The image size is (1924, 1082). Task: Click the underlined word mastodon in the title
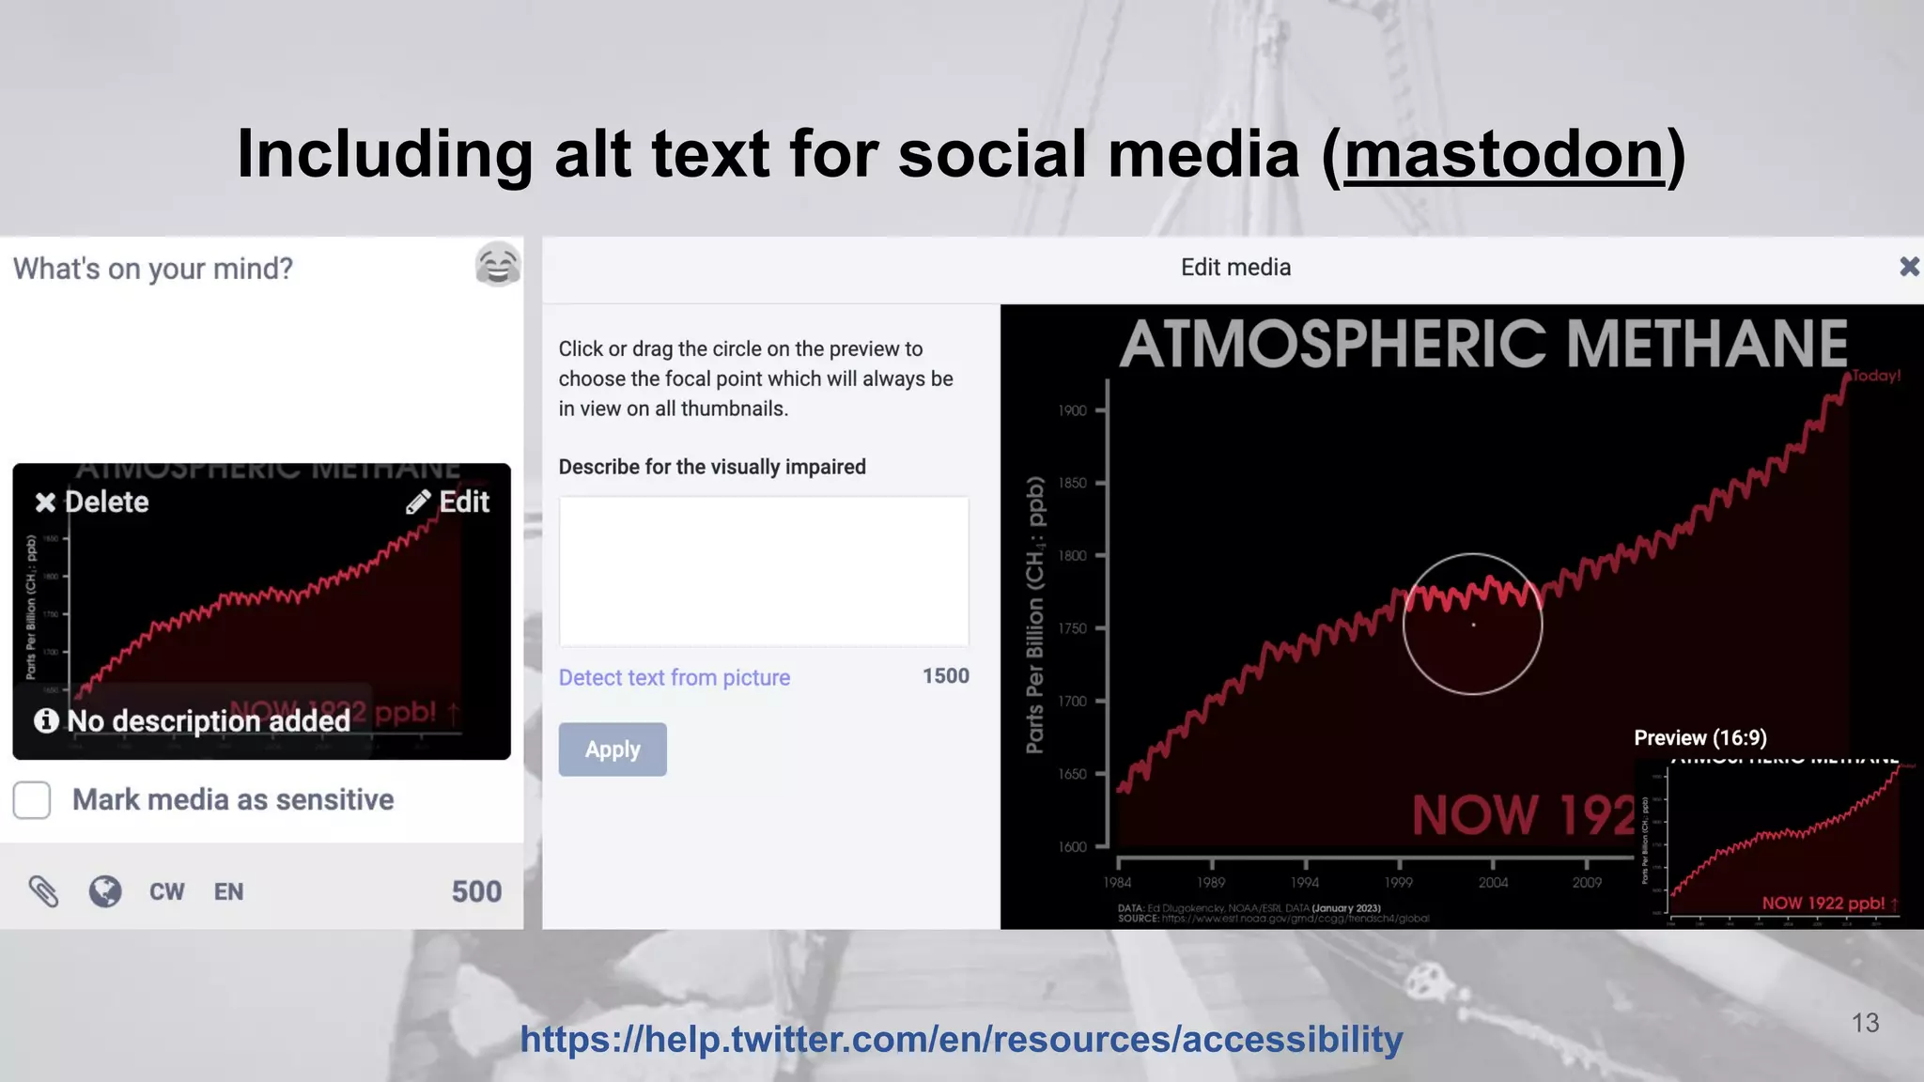[x=1503, y=154]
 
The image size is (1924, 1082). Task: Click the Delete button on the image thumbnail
[x=92, y=502]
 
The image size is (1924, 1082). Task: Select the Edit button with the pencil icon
[x=448, y=502]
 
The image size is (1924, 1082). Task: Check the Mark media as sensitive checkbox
[x=32, y=800]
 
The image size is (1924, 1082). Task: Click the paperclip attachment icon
[x=43, y=891]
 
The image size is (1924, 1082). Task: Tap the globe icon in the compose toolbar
[x=105, y=891]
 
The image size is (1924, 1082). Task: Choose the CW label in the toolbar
[x=167, y=891]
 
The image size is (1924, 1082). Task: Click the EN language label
[x=228, y=891]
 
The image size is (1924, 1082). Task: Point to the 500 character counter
[x=476, y=891]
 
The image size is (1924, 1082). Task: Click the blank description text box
[x=763, y=571]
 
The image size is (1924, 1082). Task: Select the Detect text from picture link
[x=674, y=677]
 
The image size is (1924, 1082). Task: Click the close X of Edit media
[x=1909, y=267]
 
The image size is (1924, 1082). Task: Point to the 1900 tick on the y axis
[x=1072, y=410]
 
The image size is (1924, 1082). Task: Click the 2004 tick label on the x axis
[x=1493, y=882]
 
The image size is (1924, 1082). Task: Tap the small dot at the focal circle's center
[x=1473, y=625]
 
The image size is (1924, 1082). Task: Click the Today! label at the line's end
[x=1876, y=376]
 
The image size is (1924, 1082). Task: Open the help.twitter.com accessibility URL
[x=961, y=1039]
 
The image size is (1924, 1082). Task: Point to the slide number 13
[x=1865, y=1023]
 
